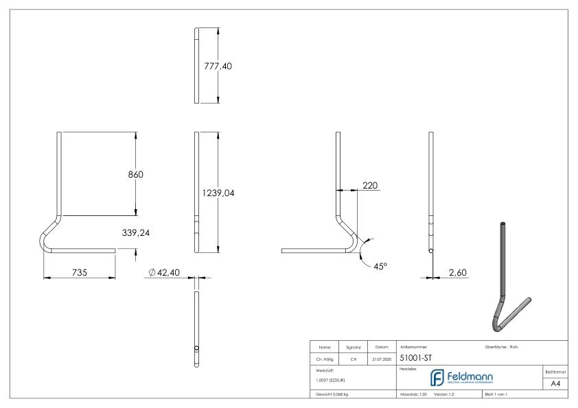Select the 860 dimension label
[135, 174]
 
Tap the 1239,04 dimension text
[218, 193]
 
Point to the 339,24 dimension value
[135, 233]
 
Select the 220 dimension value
[370, 185]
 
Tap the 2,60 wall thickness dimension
[457, 272]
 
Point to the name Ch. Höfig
[325, 358]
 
